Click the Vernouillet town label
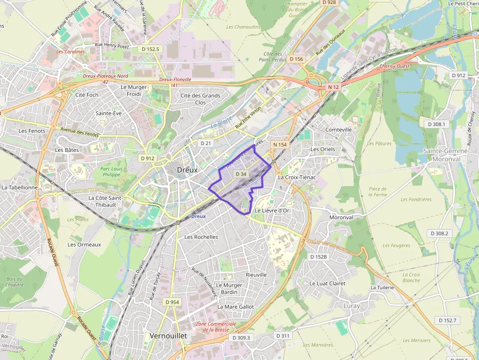166,336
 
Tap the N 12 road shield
333,87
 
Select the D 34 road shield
240,174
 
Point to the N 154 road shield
280,145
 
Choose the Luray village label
351,306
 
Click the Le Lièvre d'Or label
272,211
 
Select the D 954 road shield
172,302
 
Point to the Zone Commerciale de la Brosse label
215,327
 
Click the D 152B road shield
318,256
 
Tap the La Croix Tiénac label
297,177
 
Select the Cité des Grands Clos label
200,99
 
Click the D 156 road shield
296,59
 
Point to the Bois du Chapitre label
15,282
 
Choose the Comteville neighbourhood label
338,129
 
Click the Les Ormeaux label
84,244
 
